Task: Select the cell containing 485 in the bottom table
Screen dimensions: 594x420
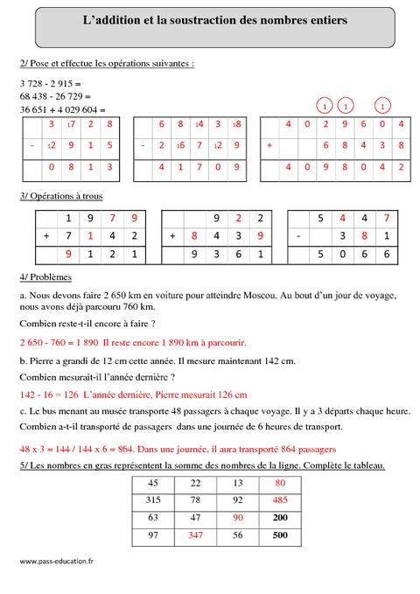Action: (280, 500)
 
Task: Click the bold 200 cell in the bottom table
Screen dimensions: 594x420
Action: (280, 516)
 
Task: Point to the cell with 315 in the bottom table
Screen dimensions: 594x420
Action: (153, 500)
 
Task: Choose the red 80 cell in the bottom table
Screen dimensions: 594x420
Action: (280, 483)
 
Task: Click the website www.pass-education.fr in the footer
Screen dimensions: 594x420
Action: (56, 561)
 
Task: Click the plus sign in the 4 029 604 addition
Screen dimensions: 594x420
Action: (271, 144)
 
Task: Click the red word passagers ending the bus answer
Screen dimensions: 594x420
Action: (313, 450)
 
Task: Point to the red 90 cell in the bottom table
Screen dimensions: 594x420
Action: (238, 516)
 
